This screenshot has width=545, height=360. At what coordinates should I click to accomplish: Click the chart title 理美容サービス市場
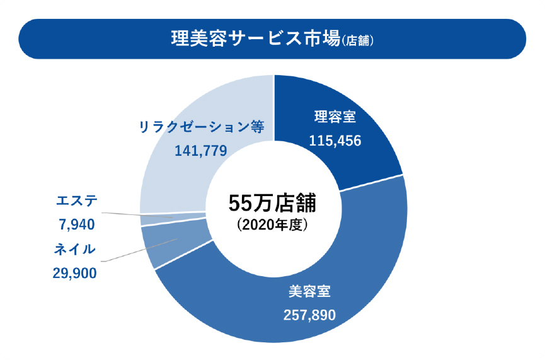click(x=255, y=39)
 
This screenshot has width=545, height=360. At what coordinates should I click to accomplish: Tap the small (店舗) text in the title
click(x=358, y=41)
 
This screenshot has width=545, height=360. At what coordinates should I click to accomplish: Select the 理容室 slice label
click(x=335, y=118)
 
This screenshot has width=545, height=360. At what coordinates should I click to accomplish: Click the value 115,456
click(x=335, y=141)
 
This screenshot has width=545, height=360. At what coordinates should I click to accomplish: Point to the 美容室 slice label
click(x=309, y=292)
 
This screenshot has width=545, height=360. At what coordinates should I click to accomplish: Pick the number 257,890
click(x=309, y=315)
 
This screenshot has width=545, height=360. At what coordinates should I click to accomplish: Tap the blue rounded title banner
click(x=76, y=39)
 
